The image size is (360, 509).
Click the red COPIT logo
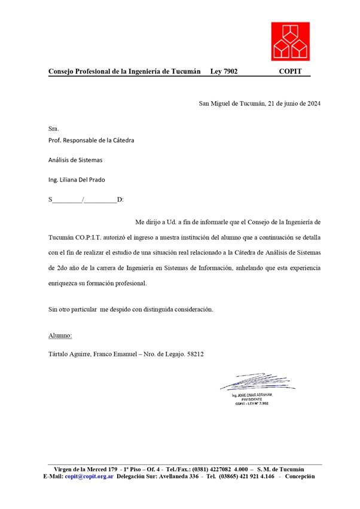pyautogui.click(x=291, y=41)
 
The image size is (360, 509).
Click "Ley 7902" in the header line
pyautogui.click(x=224, y=72)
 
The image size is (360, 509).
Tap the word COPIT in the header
pyautogui.click(x=294, y=72)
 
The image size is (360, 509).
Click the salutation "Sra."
pyautogui.click(x=54, y=129)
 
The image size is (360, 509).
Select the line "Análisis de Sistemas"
pyautogui.click(x=75, y=160)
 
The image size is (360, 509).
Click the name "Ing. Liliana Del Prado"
pyautogui.click(x=80, y=179)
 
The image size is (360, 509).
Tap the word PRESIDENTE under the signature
pyautogui.click(x=252, y=400)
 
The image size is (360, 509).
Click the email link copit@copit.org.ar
pyautogui.click(x=89, y=477)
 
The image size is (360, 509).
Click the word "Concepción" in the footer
pyautogui.click(x=300, y=477)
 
